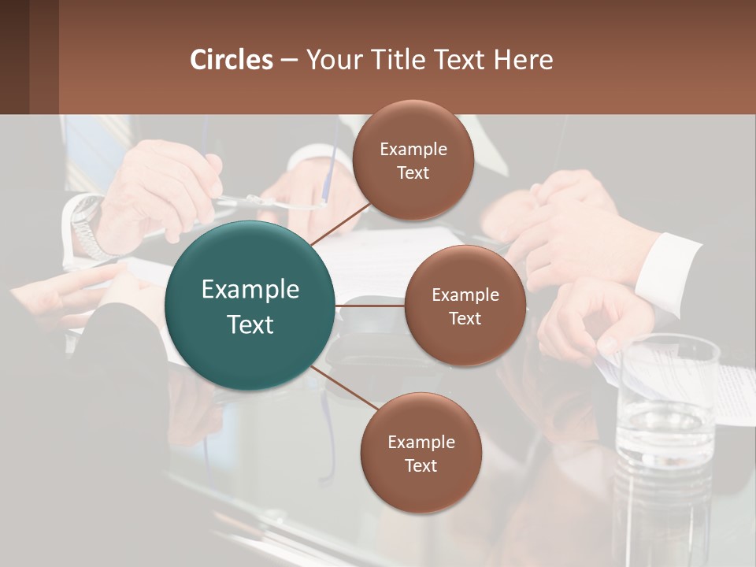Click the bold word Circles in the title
pos(232,60)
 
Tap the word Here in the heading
pos(524,60)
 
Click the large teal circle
pos(250,306)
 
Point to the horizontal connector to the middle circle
pos(370,306)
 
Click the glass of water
pos(665,441)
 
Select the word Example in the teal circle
pos(250,290)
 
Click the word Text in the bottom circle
pos(421,466)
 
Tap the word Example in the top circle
pos(413,150)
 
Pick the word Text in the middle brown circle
pos(465,319)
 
